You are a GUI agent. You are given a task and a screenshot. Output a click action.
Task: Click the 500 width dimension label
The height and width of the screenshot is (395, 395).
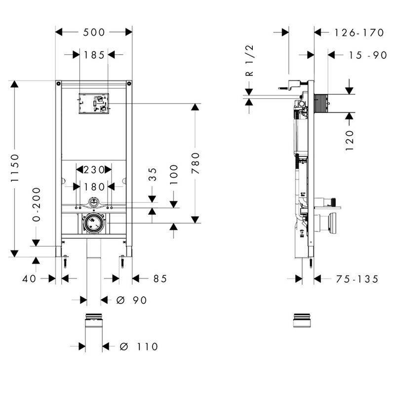(94, 33)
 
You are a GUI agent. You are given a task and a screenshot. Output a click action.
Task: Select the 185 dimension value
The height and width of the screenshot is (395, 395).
(94, 55)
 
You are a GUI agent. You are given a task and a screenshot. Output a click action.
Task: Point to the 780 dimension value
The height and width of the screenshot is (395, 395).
(196, 163)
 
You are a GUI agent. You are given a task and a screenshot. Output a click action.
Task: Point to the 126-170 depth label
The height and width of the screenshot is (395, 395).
(358, 33)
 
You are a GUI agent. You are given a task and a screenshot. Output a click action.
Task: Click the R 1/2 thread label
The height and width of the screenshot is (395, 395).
(249, 60)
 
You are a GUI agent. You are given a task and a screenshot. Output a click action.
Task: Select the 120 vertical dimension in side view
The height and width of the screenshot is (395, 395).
(350, 140)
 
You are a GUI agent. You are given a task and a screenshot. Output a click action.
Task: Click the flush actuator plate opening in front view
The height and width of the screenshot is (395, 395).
(94, 104)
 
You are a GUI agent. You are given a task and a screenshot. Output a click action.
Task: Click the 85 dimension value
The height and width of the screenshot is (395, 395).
(160, 279)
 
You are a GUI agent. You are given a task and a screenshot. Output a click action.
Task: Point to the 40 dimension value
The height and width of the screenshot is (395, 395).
(30, 279)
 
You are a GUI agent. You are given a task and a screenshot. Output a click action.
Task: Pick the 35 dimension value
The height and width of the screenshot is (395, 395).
(153, 175)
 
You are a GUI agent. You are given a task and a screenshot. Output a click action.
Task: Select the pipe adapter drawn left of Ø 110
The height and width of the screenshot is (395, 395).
(94, 327)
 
